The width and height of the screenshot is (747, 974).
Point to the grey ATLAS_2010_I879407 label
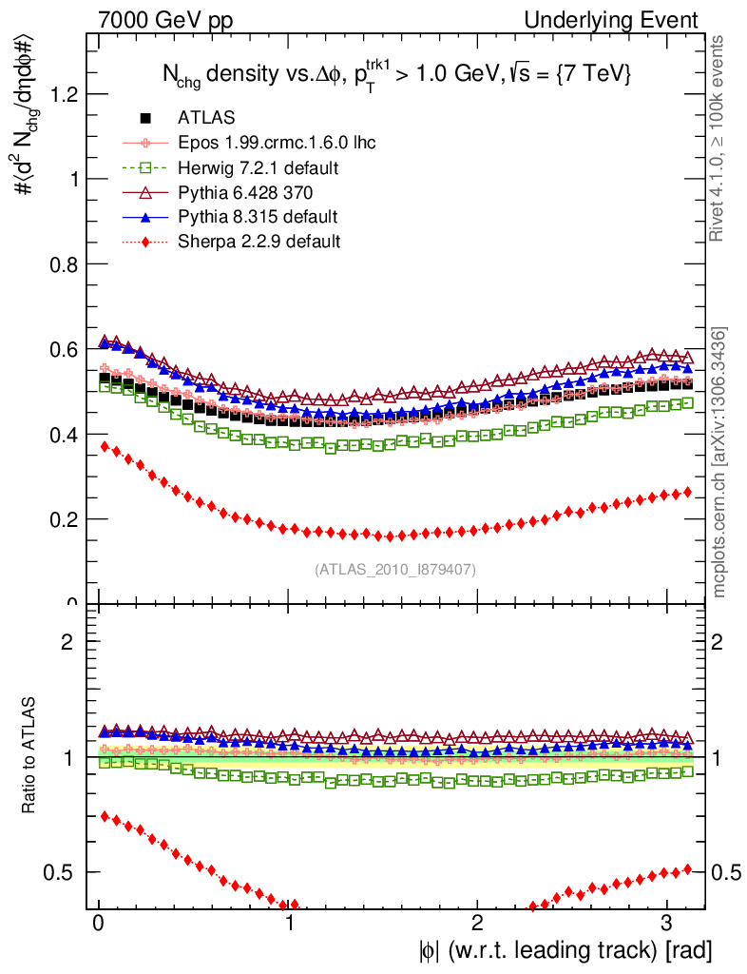[x=395, y=569]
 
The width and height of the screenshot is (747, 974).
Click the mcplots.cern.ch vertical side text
[x=721, y=463]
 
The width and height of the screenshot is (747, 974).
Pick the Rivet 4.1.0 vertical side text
[x=721, y=138]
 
